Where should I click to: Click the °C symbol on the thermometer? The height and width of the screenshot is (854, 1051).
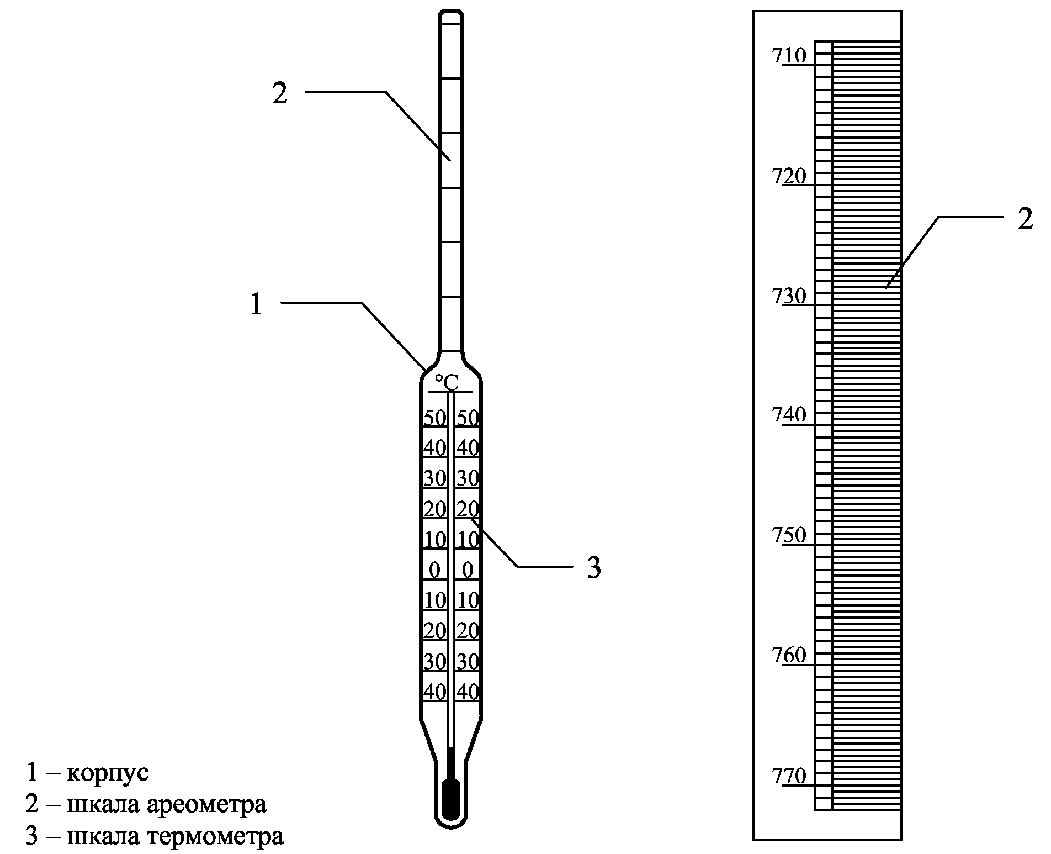click(x=447, y=381)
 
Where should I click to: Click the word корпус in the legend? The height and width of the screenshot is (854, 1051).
click(x=108, y=772)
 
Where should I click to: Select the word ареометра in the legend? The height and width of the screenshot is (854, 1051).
click(x=207, y=804)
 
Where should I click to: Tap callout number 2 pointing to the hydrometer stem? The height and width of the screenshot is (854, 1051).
click(x=280, y=93)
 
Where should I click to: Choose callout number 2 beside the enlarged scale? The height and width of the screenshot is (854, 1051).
click(x=1025, y=219)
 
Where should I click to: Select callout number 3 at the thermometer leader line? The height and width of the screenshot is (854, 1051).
click(x=593, y=567)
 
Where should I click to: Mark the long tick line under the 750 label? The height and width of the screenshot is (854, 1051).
click(x=803, y=545)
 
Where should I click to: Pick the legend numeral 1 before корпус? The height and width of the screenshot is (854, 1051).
click(x=32, y=772)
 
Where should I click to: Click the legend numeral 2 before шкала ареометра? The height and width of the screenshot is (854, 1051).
click(x=32, y=804)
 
